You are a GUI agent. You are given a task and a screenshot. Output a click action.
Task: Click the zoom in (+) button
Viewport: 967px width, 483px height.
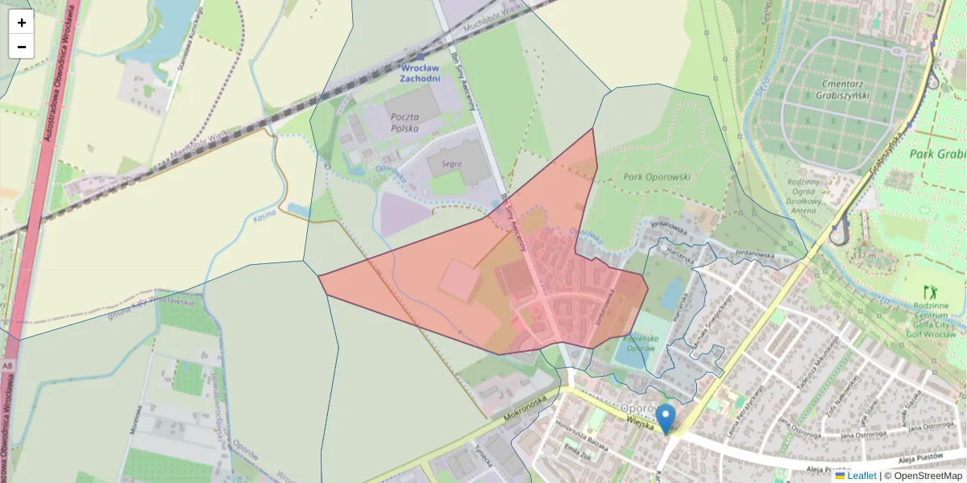(22, 23)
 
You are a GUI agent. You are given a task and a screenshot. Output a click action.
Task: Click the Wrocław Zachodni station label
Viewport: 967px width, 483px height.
(421, 73)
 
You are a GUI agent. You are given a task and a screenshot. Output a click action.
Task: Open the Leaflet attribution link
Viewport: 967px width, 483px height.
(861, 476)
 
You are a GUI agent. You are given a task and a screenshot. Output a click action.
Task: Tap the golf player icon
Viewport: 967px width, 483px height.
(933, 290)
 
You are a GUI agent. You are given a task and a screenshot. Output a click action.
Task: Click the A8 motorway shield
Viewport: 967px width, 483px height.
(6, 366)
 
